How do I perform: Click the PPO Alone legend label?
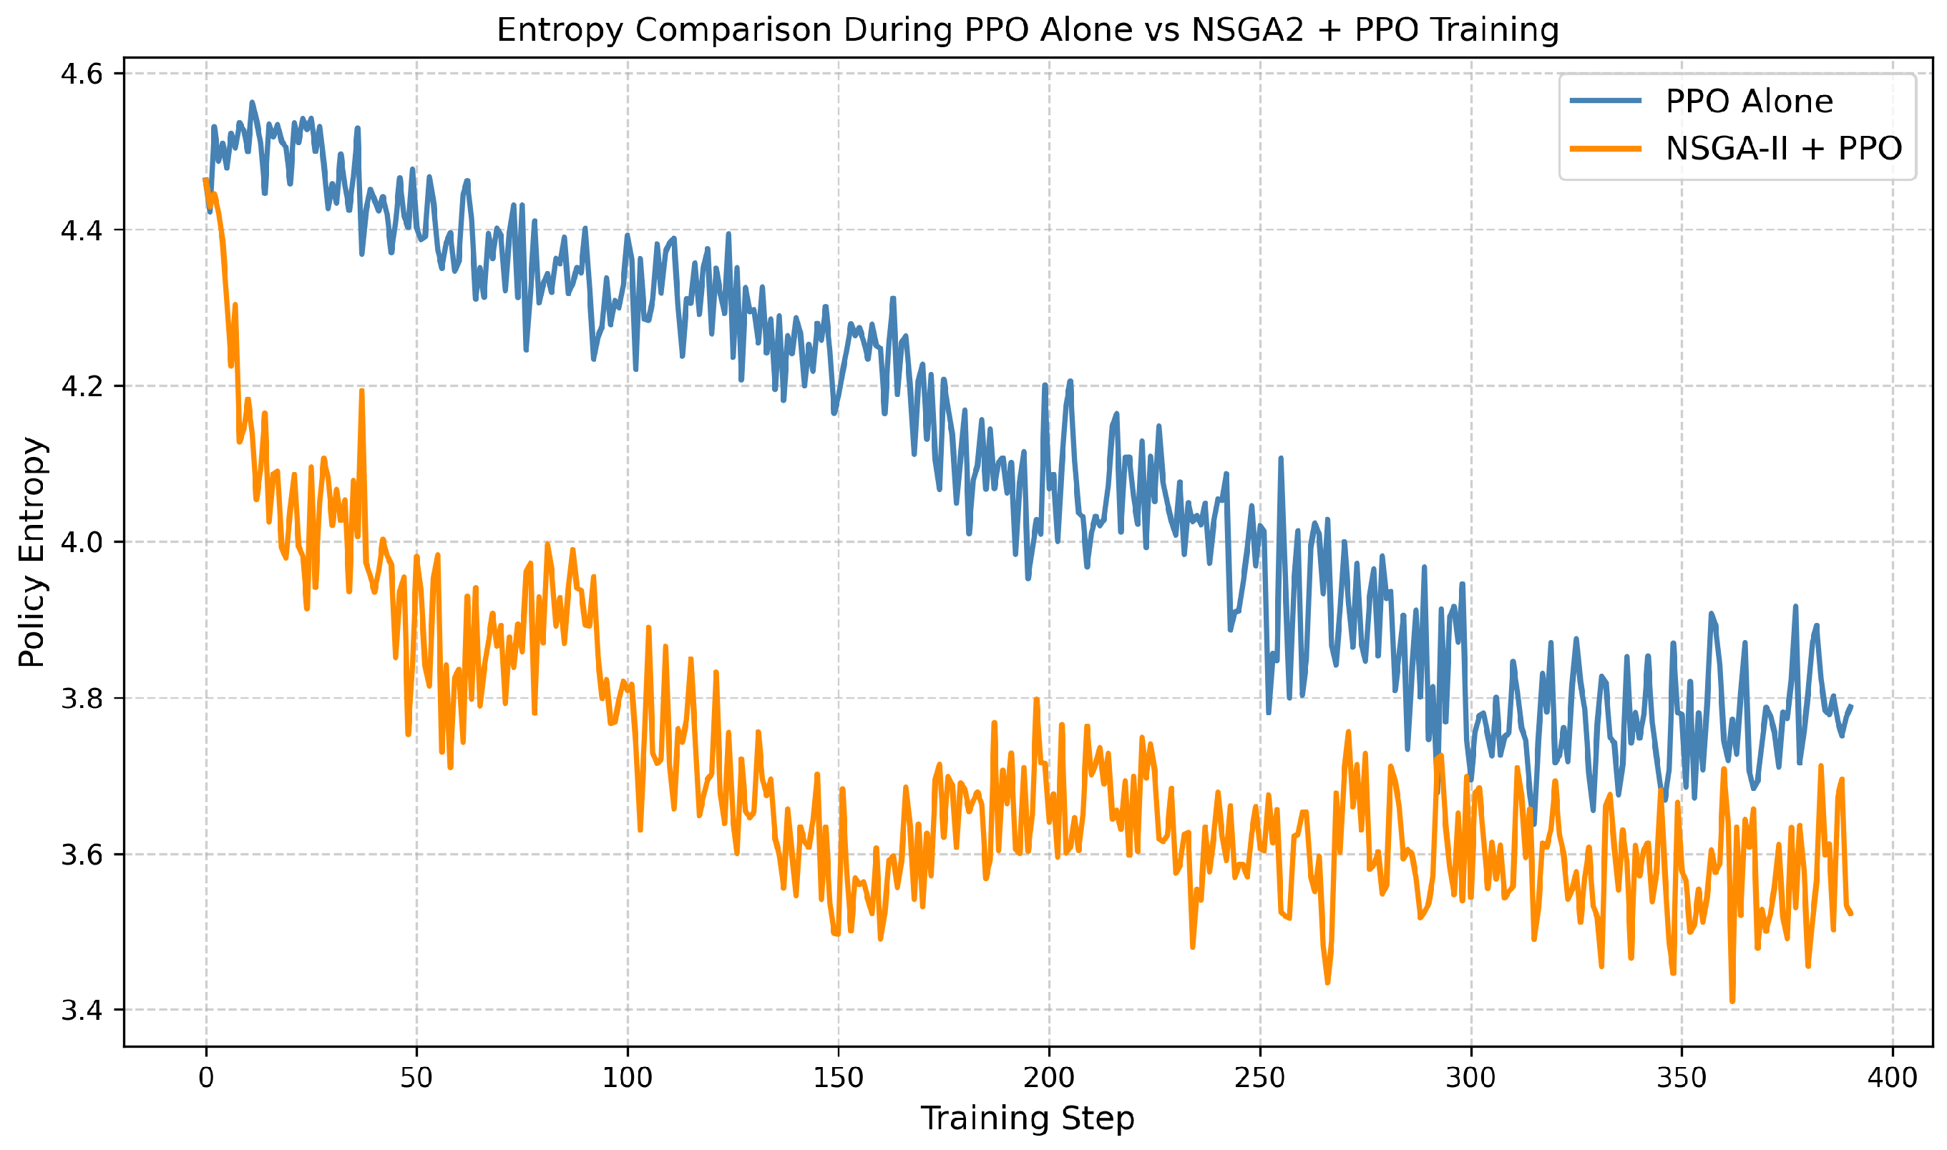1749,102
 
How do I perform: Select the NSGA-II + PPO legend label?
1783,148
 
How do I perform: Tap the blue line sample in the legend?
1605,101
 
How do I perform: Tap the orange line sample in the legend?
1605,148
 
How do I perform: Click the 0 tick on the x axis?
206,1078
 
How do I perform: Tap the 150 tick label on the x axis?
839,1078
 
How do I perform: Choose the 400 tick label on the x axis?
1892,1078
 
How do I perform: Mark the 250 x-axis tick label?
1260,1078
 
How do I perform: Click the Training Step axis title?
1027,1119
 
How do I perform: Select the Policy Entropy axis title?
32,551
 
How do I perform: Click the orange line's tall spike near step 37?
362,393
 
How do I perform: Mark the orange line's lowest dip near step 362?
1732,1000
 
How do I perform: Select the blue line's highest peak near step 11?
252,103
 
